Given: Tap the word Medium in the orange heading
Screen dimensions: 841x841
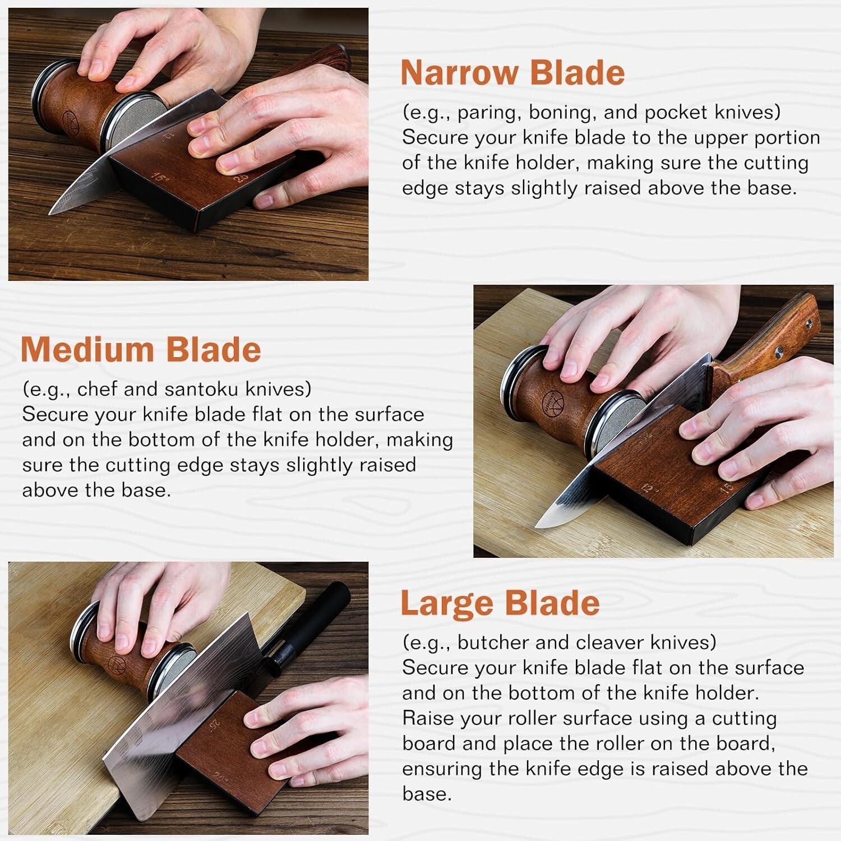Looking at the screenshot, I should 86,349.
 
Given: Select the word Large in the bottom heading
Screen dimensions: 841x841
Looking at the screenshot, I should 445,604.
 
